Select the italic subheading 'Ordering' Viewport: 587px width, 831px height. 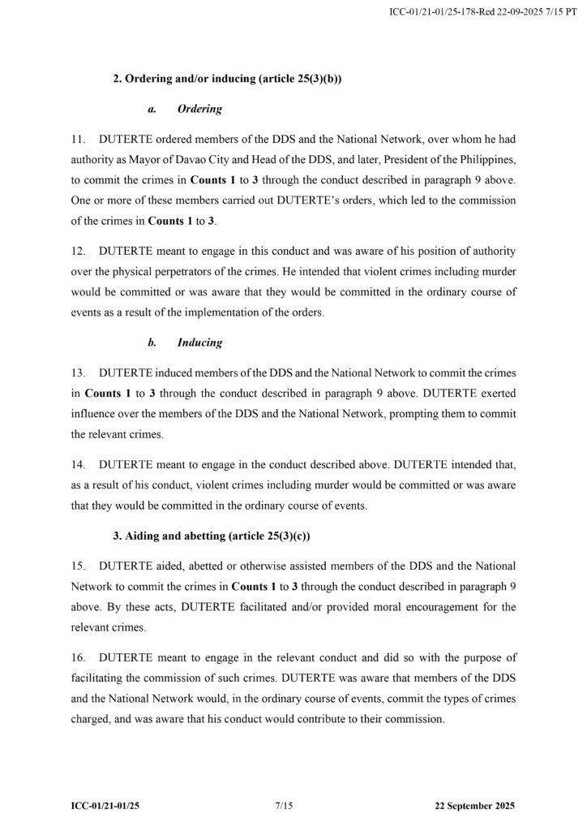[x=199, y=109]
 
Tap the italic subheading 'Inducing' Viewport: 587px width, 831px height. [x=199, y=342]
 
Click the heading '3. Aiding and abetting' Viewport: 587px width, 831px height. [x=212, y=536]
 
